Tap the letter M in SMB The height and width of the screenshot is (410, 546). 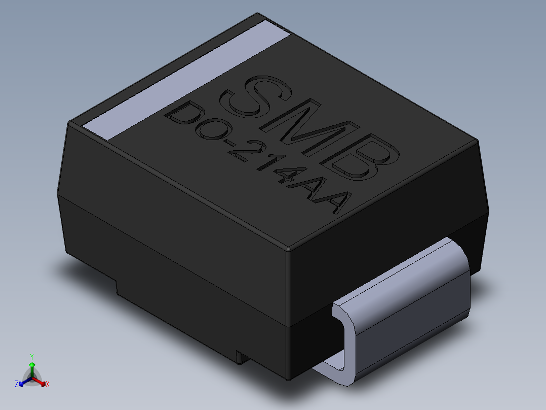pos(313,128)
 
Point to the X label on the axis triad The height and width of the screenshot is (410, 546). pos(47,385)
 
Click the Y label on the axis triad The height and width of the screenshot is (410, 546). pos(32,357)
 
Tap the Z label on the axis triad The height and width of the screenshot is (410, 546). pos(17,385)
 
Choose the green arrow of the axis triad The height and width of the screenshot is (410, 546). pos(32,367)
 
